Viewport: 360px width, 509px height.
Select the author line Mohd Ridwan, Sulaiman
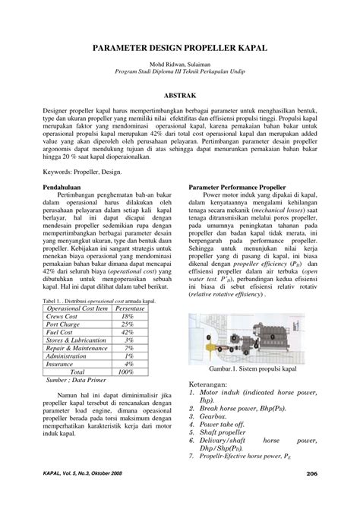(x=180, y=65)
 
